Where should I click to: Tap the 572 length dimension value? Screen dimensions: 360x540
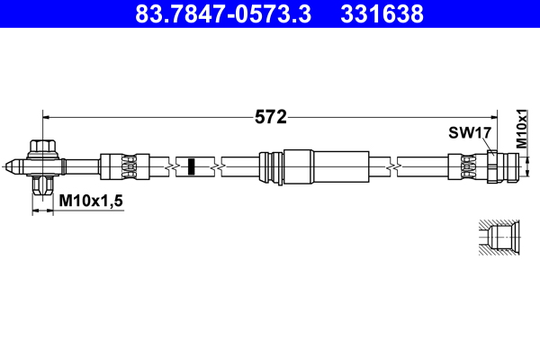tap(270, 117)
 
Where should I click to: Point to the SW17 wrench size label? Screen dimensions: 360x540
tap(469, 133)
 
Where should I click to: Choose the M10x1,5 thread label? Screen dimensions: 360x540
tap(90, 202)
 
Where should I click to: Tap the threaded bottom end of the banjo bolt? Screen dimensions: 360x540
tap(41, 186)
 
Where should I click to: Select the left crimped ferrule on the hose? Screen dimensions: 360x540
tap(119, 166)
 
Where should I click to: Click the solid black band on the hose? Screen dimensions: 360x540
tap(191, 166)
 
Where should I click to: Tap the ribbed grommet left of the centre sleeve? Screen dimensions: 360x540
tap(269, 166)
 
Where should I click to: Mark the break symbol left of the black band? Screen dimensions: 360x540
tap(170, 166)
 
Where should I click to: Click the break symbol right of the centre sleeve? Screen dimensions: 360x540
tap(393, 166)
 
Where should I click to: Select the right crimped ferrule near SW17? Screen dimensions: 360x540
tap(466, 166)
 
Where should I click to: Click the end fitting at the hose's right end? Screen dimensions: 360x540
tap(501, 166)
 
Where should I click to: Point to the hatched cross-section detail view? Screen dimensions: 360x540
tap(496, 238)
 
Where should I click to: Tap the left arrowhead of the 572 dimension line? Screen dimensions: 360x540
tap(48, 116)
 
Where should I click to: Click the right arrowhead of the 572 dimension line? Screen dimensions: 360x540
tap(492, 116)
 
